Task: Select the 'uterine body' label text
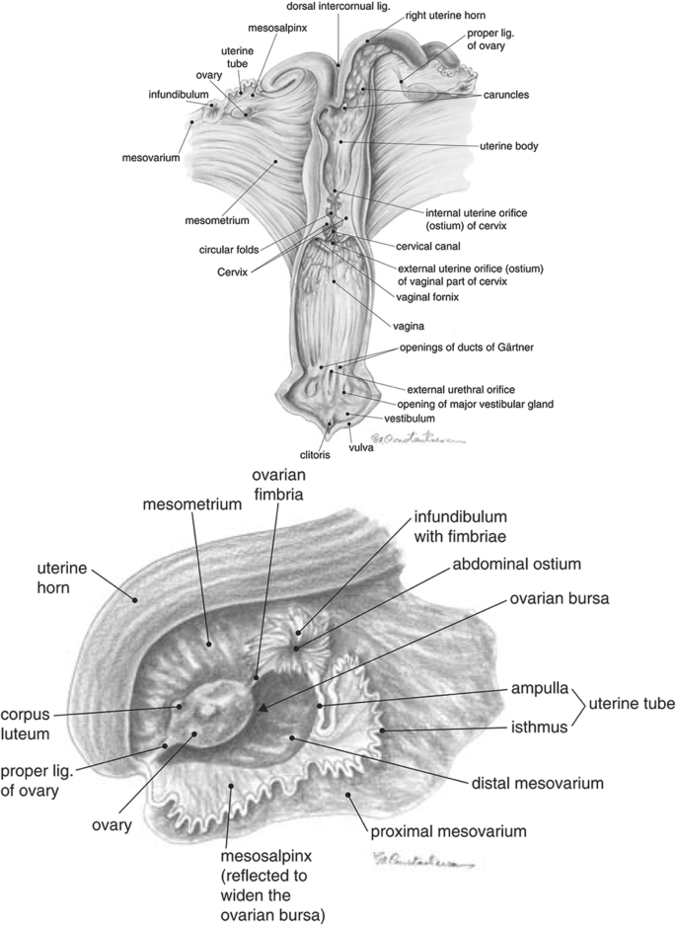click(x=508, y=146)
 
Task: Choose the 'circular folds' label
click(x=229, y=249)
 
